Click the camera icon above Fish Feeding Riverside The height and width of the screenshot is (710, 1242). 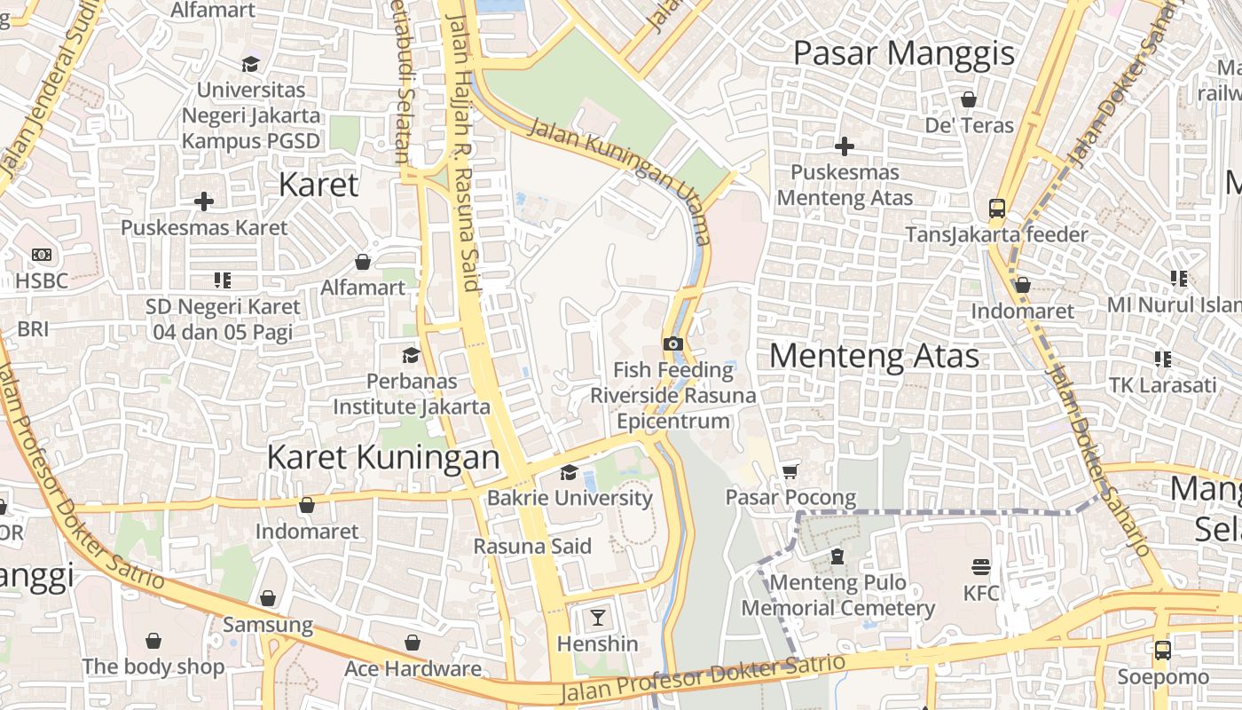click(672, 344)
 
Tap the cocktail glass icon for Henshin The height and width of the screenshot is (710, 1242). click(598, 617)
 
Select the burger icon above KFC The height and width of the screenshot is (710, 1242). click(981, 566)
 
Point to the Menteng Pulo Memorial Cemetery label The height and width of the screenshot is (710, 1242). click(837, 596)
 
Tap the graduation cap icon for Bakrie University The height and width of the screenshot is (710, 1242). click(569, 472)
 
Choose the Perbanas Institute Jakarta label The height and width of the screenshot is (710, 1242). click(412, 394)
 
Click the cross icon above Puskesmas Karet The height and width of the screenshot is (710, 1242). click(204, 201)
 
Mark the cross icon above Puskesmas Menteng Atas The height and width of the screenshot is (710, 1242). click(845, 146)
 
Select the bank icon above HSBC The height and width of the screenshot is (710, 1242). click(42, 255)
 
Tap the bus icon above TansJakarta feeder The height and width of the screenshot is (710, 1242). click(997, 209)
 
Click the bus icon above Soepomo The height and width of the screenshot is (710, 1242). click(1162, 651)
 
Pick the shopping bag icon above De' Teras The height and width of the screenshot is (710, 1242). click(969, 99)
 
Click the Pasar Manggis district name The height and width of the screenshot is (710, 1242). click(903, 53)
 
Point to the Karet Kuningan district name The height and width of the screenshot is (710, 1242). click(383, 457)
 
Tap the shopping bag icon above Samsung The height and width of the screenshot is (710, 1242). click(268, 599)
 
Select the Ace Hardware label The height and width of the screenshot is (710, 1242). click(413, 668)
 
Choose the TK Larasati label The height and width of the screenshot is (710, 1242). click(1162, 385)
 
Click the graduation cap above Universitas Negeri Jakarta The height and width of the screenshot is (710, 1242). click(250, 64)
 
